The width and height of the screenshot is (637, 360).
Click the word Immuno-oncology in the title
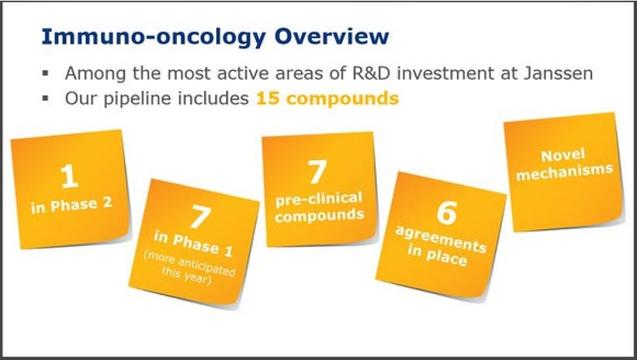pyautogui.click(x=153, y=37)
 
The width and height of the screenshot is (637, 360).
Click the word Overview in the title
pyautogui.click(x=332, y=36)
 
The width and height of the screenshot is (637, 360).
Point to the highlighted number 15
pyautogui.click(x=268, y=98)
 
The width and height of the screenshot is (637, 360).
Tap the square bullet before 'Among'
pyautogui.click(x=46, y=74)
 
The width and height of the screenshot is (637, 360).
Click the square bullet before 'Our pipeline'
pyautogui.click(x=46, y=98)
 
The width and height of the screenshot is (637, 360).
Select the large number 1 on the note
pyautogui.click(x=69, y=176)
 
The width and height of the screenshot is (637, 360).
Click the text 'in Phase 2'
pyautogui.click(x=72, y=205)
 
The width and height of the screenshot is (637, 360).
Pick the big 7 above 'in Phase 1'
pyautogui.click(x=201, y=217)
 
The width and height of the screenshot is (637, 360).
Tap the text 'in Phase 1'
pyautogui.click(x=193, y=244)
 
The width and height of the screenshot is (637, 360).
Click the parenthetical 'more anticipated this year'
pyautogui.click(x=189, y=267)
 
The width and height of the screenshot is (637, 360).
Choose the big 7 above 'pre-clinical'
pyautogui.click(x=317, y=172)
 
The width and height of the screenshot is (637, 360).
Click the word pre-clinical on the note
pyautogui.click(x=318, y=199)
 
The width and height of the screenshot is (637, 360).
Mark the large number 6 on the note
pyautogui.click(x=447, y=212)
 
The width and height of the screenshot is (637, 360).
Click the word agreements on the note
pyautogui.click(x=441, y=239)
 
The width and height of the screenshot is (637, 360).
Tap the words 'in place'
pyautogui.click(x=437, y=257)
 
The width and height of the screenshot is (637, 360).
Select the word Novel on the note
pyautogui.click(x=563, y=156)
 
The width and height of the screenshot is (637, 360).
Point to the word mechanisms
pyautogui.click(x=564, y=172)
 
